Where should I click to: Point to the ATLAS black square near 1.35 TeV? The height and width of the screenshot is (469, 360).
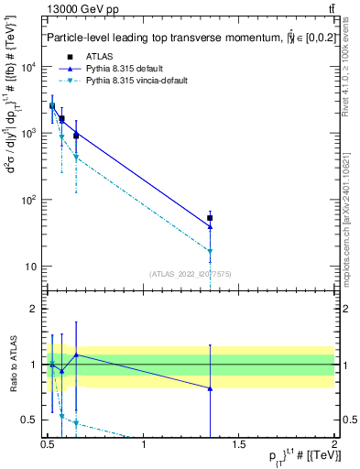coord(211,218)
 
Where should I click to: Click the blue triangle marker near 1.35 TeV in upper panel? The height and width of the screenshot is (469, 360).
coord(211,226)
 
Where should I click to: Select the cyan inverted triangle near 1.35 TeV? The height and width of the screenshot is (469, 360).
coord(211,251)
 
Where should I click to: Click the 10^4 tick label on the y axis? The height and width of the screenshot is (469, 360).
coord(29,67)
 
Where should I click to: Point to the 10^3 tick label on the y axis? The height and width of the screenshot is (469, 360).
coord(29,134)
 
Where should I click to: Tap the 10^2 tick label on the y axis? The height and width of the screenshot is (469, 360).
coord(29,200)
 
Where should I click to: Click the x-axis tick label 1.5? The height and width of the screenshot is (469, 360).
coord(239,446)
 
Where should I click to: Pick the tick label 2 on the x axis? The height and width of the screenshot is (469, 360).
coord(334,446)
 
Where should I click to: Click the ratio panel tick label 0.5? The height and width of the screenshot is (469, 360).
coord(29,420)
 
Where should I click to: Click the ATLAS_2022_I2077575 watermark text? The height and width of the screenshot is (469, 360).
coord(191,274)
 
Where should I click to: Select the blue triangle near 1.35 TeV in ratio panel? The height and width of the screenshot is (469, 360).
coord(211,388)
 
